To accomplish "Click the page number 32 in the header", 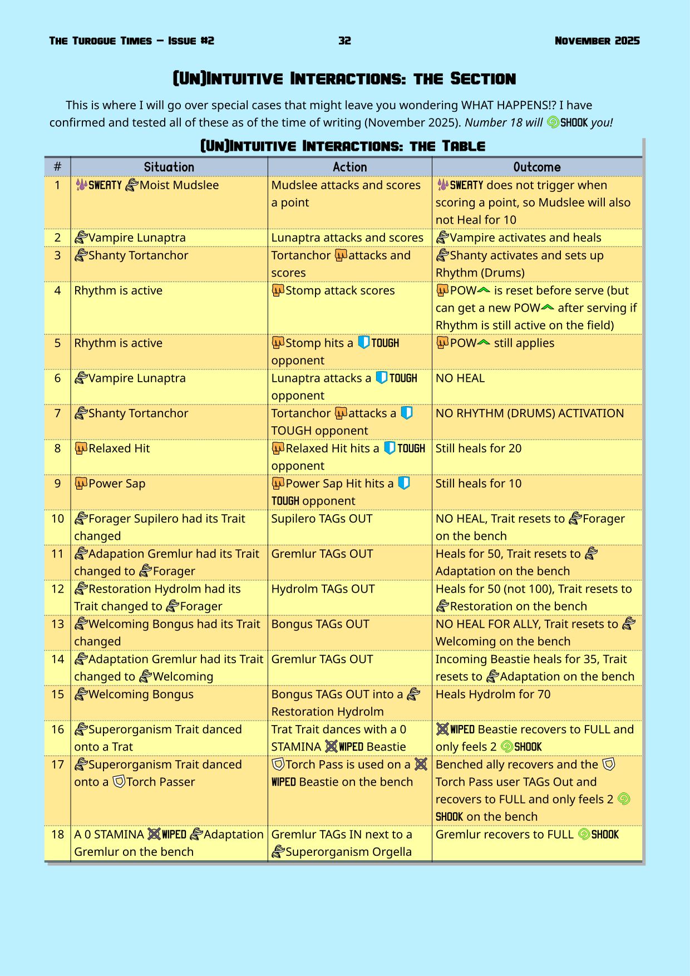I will (x=344, y=41).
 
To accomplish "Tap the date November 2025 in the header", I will (x=597, y=41).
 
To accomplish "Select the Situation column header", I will (x=169, y=167).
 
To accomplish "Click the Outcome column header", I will (x=536, y=167).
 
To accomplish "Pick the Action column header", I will (x=349, y=167).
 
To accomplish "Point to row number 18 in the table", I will (x=57, y=834).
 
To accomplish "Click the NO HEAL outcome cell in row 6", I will (x=460, y=378).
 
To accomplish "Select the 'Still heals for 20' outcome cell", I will (x=479, y=448).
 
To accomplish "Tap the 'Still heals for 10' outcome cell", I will (x=479, y=484).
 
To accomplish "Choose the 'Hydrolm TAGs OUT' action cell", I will (x=323, y=589).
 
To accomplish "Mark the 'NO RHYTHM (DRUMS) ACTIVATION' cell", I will (x=530, y=413).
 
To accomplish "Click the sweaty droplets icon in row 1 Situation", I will (x=81, y=185).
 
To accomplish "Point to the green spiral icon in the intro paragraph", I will (x=553, y=122).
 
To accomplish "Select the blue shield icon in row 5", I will (x=363, y=342).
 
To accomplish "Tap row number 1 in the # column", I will (x=57, y=185).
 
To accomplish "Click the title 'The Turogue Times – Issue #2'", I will (x=131, y=41).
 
